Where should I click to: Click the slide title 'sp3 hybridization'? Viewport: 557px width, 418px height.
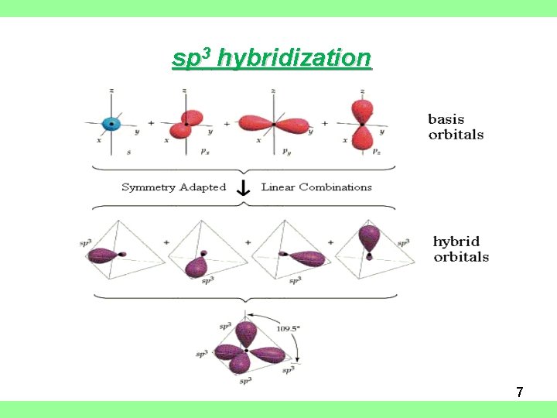(x=272, y=58)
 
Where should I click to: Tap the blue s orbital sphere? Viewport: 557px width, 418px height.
(x=112, y=123)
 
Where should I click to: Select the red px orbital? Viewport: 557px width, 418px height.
(x=187, y=124)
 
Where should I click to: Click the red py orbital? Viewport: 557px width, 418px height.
(x=275, y=124)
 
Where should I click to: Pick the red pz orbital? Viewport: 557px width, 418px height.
(x=361, y=124)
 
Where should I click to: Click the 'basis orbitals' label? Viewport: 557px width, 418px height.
(x=456, y=127)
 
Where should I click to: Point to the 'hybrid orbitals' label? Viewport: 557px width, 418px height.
(x=460, y=249)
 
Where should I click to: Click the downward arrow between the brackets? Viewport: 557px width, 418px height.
(x=243, y=188)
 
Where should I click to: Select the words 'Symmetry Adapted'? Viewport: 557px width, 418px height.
(x=173, y=187)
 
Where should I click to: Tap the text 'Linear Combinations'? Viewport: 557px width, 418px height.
(x=316, y=187)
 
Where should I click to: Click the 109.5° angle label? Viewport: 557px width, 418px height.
(x=288, y=328)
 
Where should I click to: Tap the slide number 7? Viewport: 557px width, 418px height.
(x=520, y=392)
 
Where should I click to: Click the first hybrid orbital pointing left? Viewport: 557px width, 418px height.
(x=105, y=254)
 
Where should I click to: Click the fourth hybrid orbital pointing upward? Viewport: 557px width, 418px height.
(x=370, y=238)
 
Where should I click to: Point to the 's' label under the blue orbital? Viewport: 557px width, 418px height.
(x=128, y=152)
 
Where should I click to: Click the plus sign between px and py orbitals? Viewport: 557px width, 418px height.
(x=227, y=123)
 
